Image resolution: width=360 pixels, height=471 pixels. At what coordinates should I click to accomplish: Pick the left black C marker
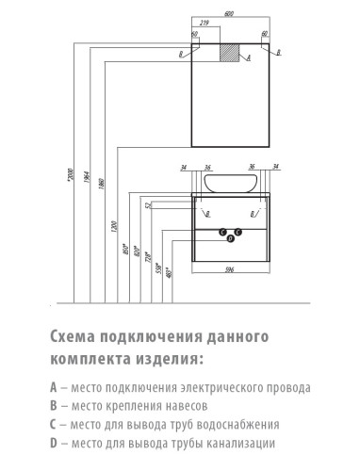[x=223, y=232]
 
